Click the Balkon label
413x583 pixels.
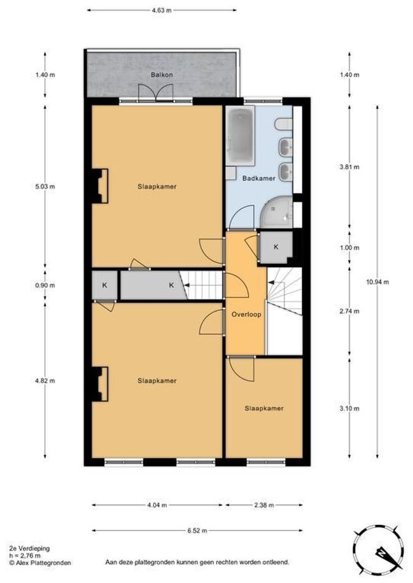pyautogui.click(x=161, y=75)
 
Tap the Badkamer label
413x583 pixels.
pyautogui.click(x=258, y=178)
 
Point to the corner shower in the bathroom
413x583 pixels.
pyautogui.click(x=277, y=211)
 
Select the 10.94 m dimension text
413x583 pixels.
pyautogui.click(x=378, y=282)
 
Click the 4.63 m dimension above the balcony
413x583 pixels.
pyautogui.click(x=162, y=10)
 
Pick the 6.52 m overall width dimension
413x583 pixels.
pyautogui.click(x=198, y=531)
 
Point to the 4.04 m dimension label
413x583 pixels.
pyautogui.click(x=157, y=505)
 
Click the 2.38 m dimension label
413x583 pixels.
pyautogui.click(x=264, y=505)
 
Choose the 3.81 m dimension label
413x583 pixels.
pyautogui.click(x=349, y=167)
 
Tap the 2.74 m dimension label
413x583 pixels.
pyautogui.click(x=349, y=311)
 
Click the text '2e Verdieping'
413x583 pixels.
pyautogui.click(x=29, y=548)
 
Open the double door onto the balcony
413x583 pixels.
pyautogui.click(x=156, y=94)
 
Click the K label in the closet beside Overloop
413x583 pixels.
pyautogui.click(x=276, y=247)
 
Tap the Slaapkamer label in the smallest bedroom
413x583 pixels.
pyautogui.click(x=264, y=408)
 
